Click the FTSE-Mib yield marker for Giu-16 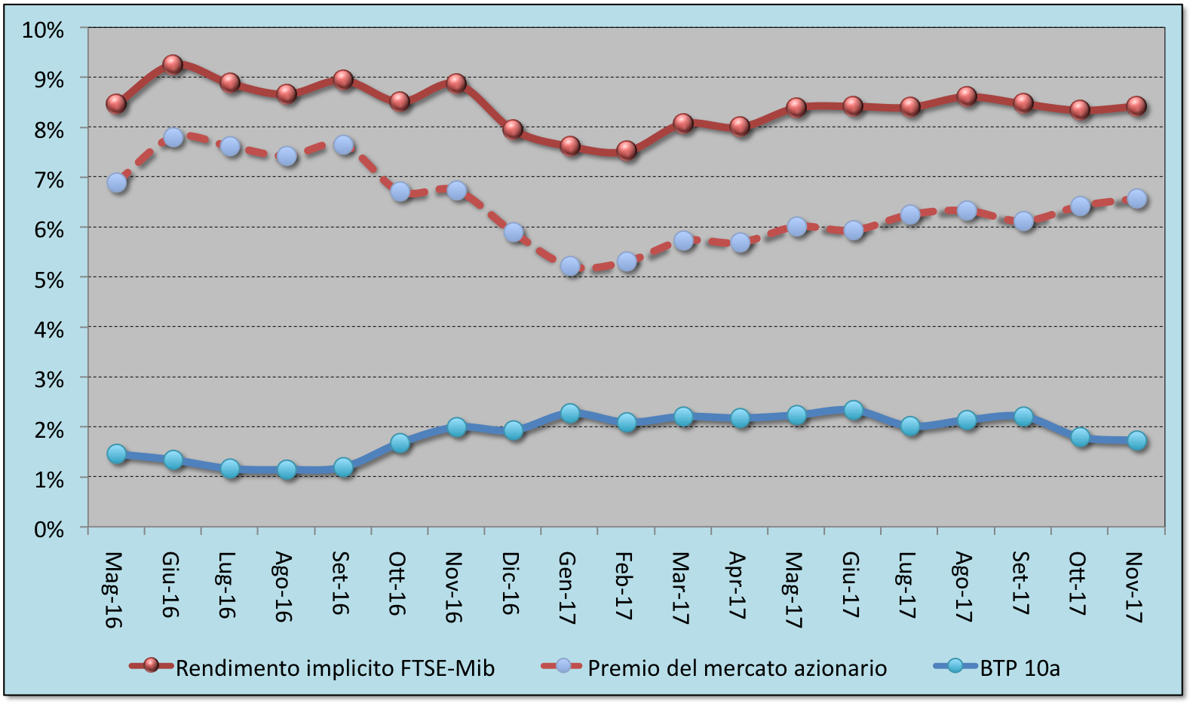[x=173, y=64]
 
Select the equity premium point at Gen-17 [x=570, y=266]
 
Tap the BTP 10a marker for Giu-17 [x=854, y=410]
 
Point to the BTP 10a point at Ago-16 [x=287, y=470]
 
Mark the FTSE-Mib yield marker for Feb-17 [x=627, y=150]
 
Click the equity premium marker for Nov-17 [x=1137, y=199]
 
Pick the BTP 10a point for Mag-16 [x=116, y=454]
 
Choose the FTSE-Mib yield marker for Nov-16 [x=456, y=83]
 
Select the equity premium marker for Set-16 [x=343, y=145]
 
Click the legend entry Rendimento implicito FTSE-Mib [x=335, y=668]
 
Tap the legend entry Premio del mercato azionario [x=737, y=668]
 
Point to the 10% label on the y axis [x=43, y=30]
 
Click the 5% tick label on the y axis [x=48, y=280]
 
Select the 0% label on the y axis [x=48, y=529]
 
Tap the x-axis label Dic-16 [x=512, y=583]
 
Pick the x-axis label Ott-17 [x=1078, y=583]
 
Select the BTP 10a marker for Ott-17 [x=1081, y=437]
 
